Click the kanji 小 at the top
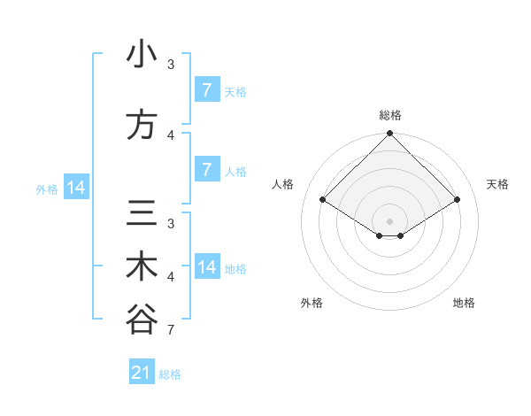[142, 54]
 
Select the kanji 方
[142, 125]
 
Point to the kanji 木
[142, 267]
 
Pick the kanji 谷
[142, 320]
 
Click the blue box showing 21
[142, 373]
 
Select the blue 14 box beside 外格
[75, 188]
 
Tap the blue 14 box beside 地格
[207, 267]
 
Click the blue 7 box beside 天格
[206, 90]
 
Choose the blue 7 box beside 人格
[206, 170]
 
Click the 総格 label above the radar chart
[390, 115]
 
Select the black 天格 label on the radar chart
[497, 184]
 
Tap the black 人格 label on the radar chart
[283, 184]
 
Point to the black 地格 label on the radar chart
[464, 303]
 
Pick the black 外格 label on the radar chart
[312, 303]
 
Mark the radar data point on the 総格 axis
[390, 134]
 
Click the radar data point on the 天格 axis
[458, 200]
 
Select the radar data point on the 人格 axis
[323, 200]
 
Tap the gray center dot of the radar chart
[390, 220]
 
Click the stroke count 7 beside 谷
[170, 330]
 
